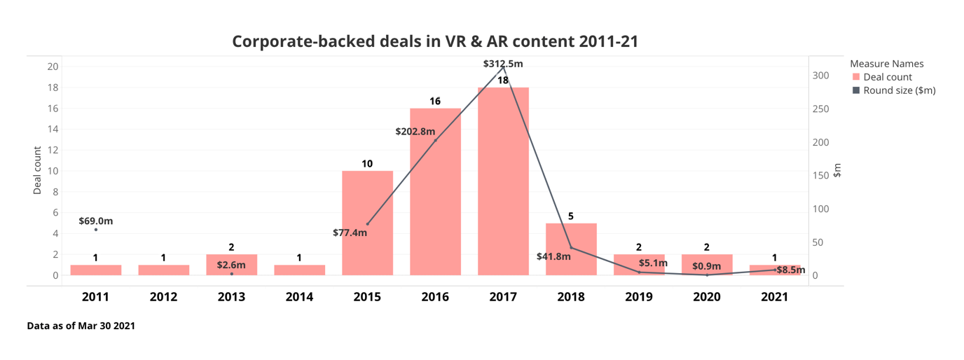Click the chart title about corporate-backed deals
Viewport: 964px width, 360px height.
pyautogui.click(x=434, y=41)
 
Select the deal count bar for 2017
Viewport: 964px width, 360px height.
pyautogui.click(x=503, y=182)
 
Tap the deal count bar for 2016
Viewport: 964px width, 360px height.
pyautogui.click(x=435, y=193)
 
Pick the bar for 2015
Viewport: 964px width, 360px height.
pyautogui.click(x=367, y=224)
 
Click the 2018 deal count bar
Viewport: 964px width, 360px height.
pyautogui.click(x=571, y=249)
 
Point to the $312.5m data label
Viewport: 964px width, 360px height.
pyautogui.click(x=503, y=64)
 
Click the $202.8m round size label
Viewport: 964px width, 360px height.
pyautogui.click(x=415, y=131)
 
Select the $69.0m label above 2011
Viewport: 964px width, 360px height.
pyautogui.click(x=95, y=221)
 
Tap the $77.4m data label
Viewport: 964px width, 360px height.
pyautogui.click(x=350, y=233)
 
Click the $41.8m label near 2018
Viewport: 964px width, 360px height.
pyautogui.click(x=553, y=256)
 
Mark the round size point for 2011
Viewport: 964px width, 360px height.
pyautogui.click(x=96, y=230)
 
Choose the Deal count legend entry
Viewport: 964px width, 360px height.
pyautogui.click(x=887, y=77)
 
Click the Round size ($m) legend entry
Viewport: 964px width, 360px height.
pyautogui.click(x=899, y=90)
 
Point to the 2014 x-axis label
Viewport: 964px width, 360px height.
pyautogui.click(x=299, y=297)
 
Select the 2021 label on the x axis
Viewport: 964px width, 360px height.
pyautogui.click(x=774, y=297)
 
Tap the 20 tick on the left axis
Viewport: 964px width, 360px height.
pyautogui.click(x=53, y=67)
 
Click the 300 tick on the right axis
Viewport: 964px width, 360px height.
pyautogui.click(x=820, y=76)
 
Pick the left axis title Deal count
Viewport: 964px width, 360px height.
pyautogui.click(x=38, y=170)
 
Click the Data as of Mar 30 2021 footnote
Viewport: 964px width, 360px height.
pyautogui.click(x=81, y=326)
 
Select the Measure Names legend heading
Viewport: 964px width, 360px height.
pyautogui.click(x=886, y=64)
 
